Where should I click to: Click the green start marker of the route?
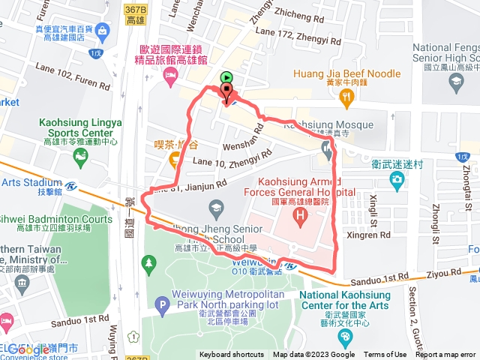point(226,76)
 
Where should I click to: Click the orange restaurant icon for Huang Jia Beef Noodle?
point(346,97)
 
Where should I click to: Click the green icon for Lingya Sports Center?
point(80,156)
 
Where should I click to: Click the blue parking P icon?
point(161,304)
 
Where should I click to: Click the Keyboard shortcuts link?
point(231,355)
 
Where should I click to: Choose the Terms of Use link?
point(385,355)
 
